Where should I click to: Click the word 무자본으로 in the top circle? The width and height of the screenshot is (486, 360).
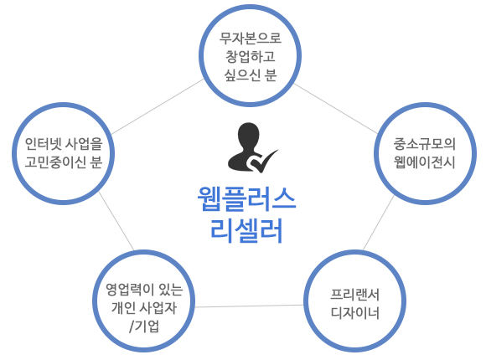[251, 39]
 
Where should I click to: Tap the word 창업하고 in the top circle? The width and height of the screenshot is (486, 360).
[251, 56]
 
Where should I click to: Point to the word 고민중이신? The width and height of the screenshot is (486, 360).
[55, 162]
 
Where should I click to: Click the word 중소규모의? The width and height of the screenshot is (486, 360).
[424, 144]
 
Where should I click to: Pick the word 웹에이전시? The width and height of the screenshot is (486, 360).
[424, 162]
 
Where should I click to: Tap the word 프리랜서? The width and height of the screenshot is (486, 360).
[355, 295]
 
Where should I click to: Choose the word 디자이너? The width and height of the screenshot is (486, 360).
[355, 312]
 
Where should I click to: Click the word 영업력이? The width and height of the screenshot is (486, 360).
[130, 290]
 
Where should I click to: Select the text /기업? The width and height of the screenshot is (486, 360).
[144, 327]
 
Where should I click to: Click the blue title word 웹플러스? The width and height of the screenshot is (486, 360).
[246, 199]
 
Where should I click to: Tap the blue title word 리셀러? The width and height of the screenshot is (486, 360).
[246, 230]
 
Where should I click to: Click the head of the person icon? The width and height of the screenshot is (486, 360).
[248, 136]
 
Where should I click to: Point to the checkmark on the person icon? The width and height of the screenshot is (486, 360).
[262, 161]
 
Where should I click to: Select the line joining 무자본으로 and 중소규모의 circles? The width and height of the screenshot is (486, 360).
[336, 109]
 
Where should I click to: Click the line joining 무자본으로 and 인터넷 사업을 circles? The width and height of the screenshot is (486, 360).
[158, 106]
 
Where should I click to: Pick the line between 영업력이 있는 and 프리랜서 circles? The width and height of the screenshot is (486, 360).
[249, 306]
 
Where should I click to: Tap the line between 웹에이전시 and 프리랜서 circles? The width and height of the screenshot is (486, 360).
[379, 223]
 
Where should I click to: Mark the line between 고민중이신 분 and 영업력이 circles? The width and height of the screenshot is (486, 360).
[116, 221]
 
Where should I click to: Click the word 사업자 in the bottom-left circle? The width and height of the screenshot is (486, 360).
[158, 308]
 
